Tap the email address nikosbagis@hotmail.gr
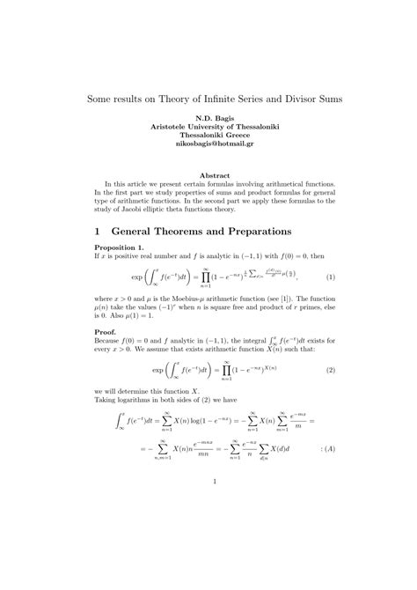coord(208,143)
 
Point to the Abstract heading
coord(208,175)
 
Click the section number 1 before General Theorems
coord(98,231)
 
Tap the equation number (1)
coord(318,276)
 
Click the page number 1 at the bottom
coord(208,481)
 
